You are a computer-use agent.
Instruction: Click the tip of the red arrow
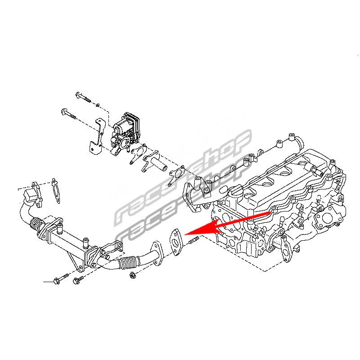tap(184, 234)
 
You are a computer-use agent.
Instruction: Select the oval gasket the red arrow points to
tap(176, 242)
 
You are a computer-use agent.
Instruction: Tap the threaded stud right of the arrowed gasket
tap(194, 241)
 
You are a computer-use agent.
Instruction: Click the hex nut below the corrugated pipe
tap(132, 275)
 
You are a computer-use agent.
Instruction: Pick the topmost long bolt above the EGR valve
tap(83, 98)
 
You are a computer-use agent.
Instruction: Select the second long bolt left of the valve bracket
tap(69, 114)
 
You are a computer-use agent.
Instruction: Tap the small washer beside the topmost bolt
tap(97, 105)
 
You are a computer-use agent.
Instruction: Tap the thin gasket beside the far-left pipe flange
tap(56, 190)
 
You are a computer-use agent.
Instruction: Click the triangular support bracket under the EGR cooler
tap(76, 262)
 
